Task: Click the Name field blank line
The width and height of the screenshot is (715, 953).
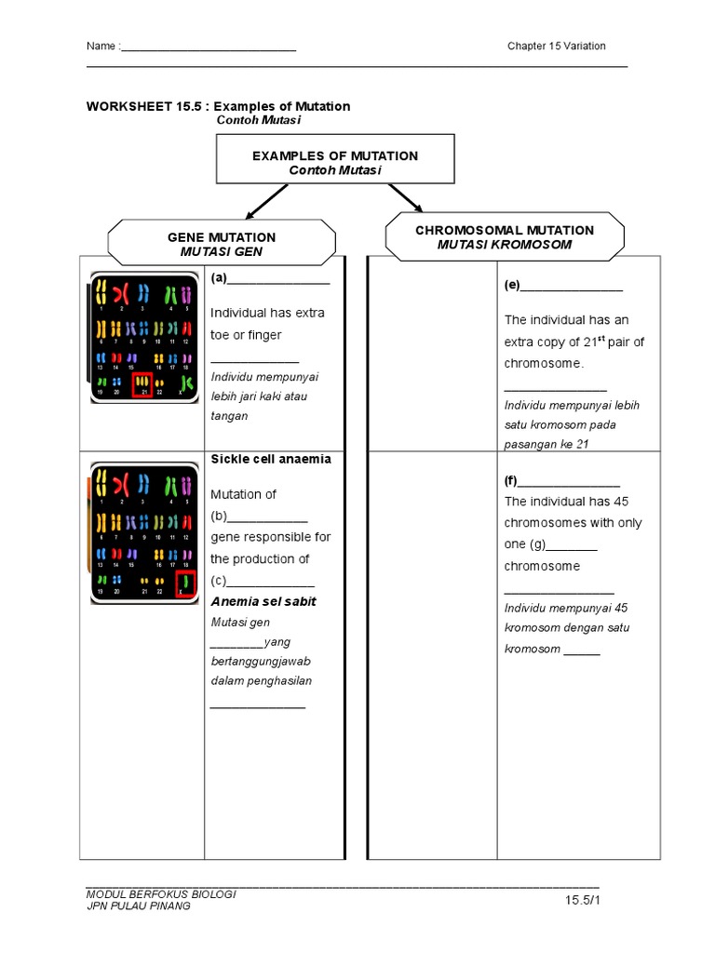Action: pyautogui.click(x=209, y=48)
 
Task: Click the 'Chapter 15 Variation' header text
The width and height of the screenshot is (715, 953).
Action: pyautogui.click(x=556, y=47)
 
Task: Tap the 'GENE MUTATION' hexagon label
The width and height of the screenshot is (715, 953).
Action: pyautogui.click(x=222, y=244)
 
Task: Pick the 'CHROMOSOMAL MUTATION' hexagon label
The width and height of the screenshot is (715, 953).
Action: pyautogui.click(x=505, y=236)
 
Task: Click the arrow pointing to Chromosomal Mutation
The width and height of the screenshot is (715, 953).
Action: pyautogui.click(x=406, y=197)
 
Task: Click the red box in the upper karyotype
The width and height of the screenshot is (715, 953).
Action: pyautogui.click(x=142, y=385)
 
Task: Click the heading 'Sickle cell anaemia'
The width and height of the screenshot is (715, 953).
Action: pyautogui.click(x=271, y=459)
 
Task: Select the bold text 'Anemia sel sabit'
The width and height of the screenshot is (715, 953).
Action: pyautogui.click(x=263, y=601)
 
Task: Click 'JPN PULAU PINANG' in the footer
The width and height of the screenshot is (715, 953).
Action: pyautogui.click(x=138, y=906)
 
